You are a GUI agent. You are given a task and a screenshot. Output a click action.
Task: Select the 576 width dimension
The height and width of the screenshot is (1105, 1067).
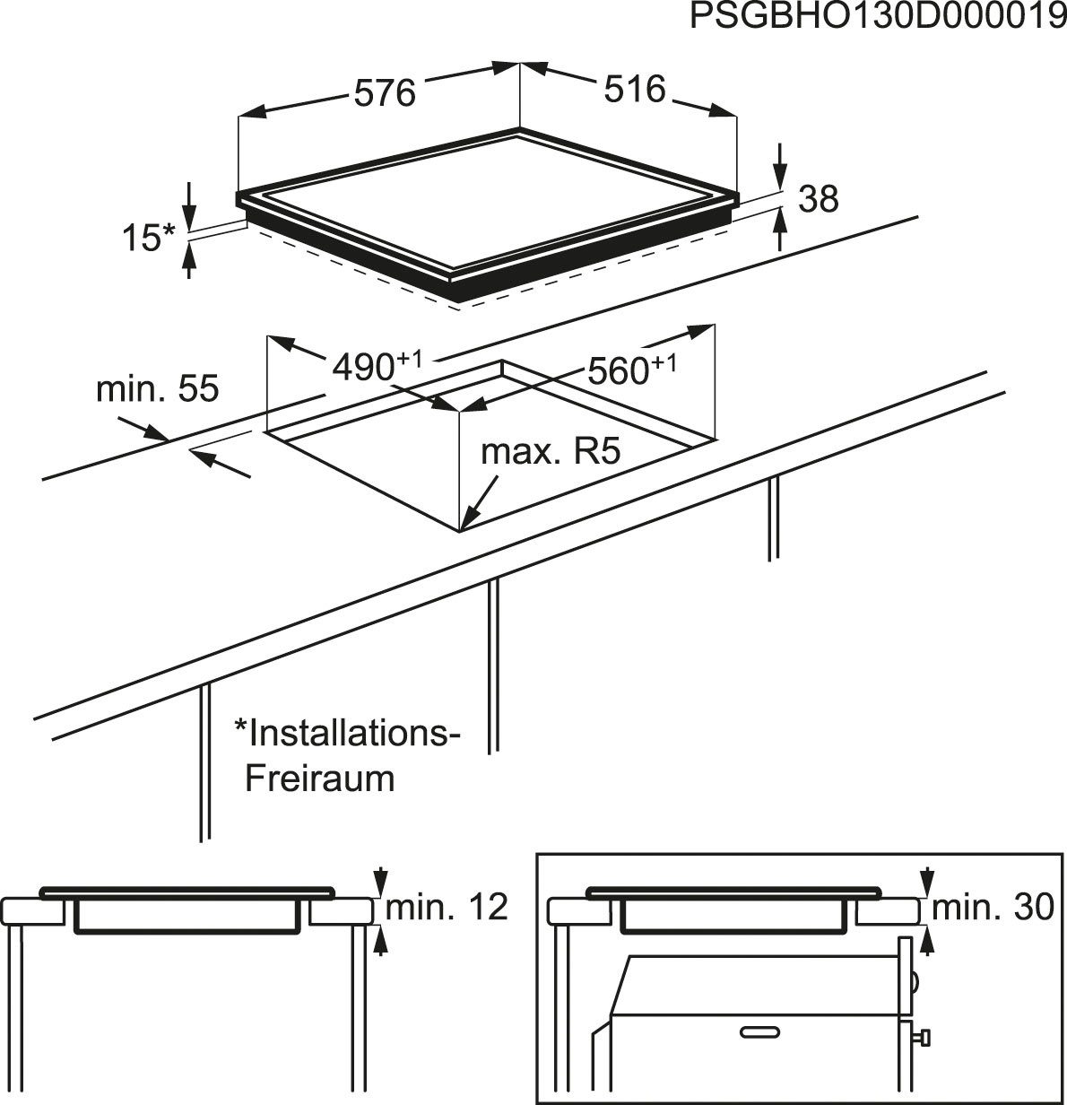pyautogui.click(x=385, y=92)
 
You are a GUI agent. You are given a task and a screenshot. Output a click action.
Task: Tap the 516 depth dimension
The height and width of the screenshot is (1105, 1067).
pyautogui.click(x=635, y=90)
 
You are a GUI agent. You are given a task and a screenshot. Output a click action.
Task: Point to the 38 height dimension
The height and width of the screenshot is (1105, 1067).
pyautogui.click(x=817, y=199)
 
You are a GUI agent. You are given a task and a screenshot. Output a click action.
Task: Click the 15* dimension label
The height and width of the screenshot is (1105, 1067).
pyautogui.click(x=147, y=238)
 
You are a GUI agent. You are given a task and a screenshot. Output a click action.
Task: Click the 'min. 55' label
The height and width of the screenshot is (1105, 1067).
pyautogui.click(x=157, y=389)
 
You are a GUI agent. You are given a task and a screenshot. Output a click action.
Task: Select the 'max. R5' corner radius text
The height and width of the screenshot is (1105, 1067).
pyautogui.click(x=551, y=452)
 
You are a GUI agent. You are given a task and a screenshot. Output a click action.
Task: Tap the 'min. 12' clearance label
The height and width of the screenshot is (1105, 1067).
pyautogui.click(x=447, y=908)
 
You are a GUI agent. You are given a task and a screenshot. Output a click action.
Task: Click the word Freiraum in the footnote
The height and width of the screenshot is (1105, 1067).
pyautogui.click(x=320, y=778)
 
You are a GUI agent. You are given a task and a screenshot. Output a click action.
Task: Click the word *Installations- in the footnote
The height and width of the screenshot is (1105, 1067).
pyautogui.click(x=346, y=733)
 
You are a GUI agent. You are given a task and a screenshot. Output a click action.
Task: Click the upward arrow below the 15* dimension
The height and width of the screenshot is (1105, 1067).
pyautogui.click(x=188, y=260)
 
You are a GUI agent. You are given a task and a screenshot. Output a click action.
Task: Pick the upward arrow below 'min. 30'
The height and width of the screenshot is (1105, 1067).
pyautogui.click(x=927, y=944)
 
